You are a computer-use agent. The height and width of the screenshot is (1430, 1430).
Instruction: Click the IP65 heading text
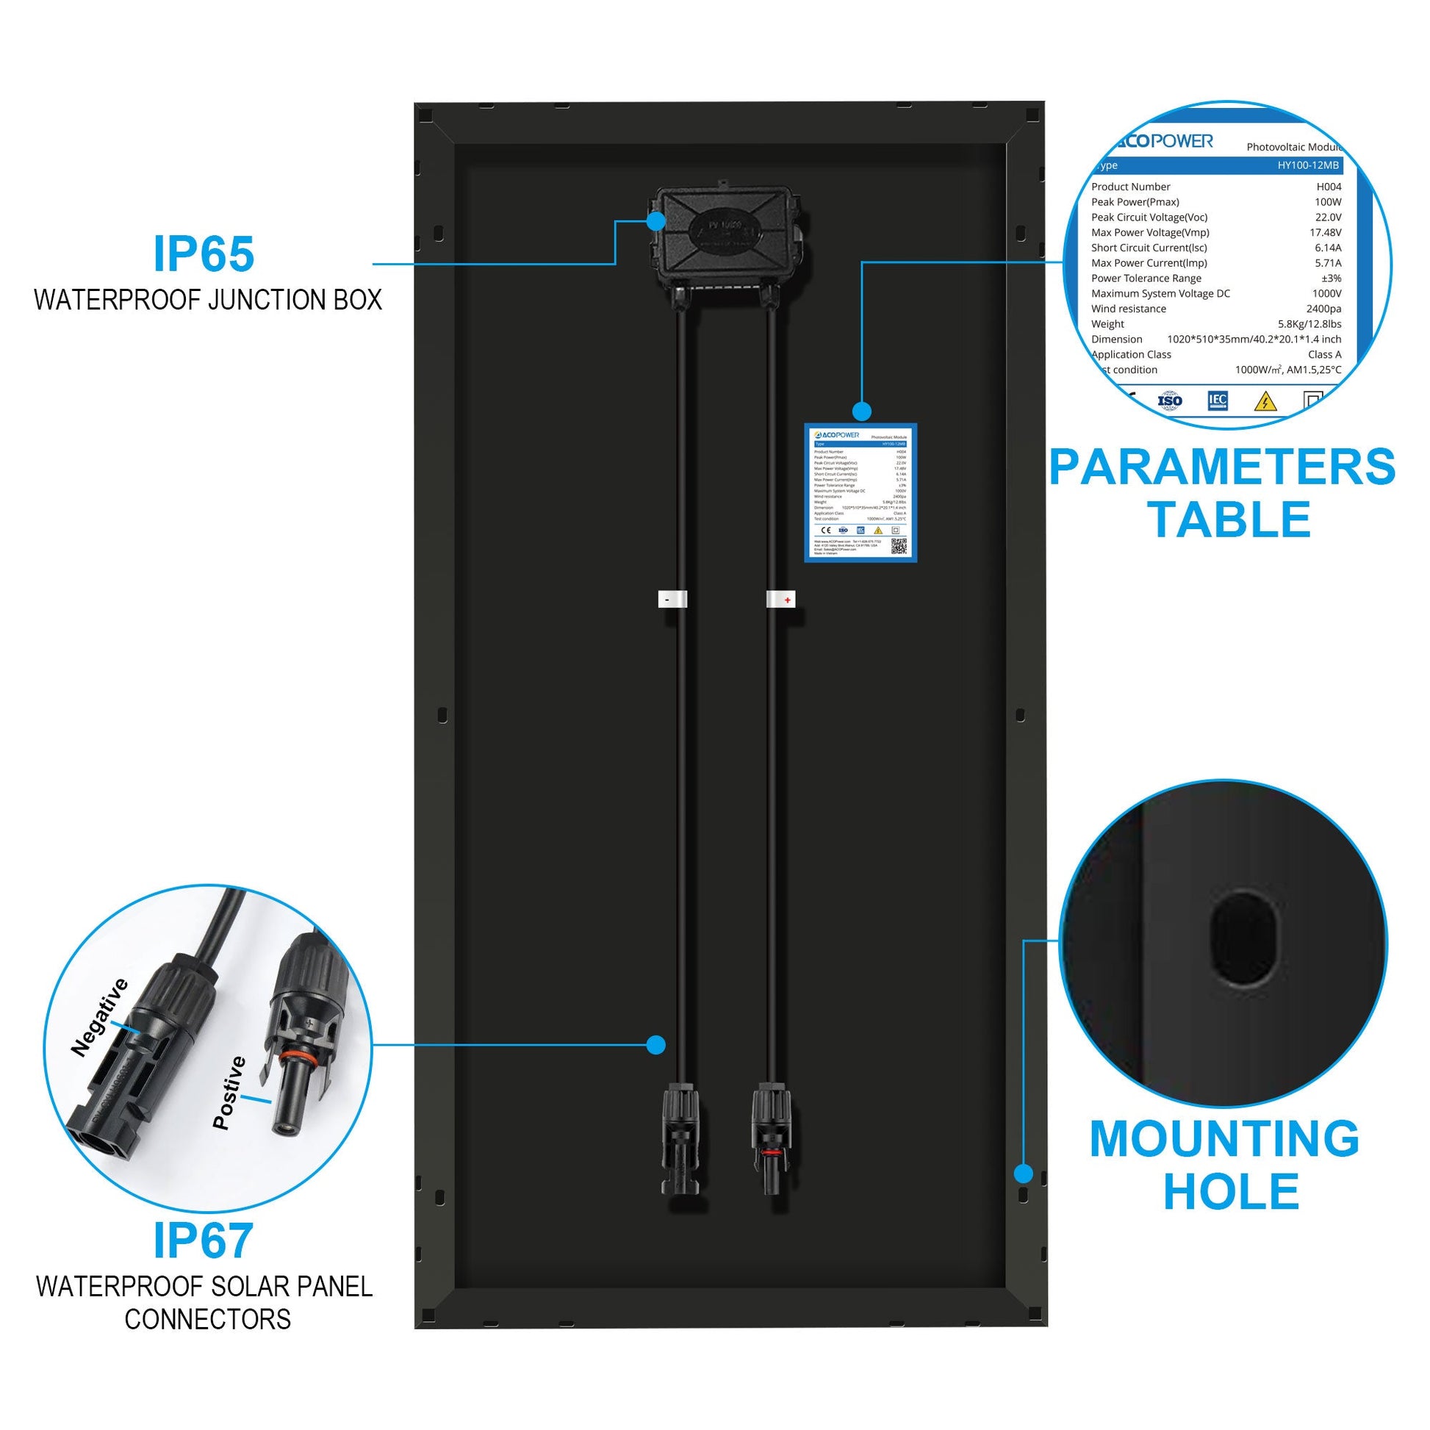click(204, 254)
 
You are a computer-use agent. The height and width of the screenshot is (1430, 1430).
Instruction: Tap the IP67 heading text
click(204, 1240)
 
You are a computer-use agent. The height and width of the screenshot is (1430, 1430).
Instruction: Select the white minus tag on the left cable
click(672, 600)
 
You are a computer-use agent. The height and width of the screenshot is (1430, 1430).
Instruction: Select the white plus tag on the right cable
click(781, 600)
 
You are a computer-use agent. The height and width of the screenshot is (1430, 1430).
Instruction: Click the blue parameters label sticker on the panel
click(860, 493)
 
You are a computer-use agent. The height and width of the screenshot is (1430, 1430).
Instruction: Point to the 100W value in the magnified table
click(1327, 202)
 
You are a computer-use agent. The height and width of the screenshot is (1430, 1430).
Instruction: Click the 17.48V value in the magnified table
click(1325, 232)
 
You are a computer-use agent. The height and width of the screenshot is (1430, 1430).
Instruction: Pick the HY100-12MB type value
click(1307, 165)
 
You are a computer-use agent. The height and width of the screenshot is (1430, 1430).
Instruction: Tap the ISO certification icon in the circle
click(1169, 401)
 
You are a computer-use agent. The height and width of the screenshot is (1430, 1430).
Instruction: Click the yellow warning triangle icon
click(1265, 402)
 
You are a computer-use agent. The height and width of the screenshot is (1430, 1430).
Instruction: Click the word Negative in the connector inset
click(99, 1016)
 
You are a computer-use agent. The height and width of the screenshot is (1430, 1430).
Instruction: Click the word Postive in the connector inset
click(229, 1093)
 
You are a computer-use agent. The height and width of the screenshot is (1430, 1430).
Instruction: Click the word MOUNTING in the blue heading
click(1224, 1138)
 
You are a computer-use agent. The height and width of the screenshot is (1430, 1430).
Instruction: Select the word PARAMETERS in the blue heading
click(1222, 467)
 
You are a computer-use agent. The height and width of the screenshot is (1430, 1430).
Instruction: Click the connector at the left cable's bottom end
click(680, 1139)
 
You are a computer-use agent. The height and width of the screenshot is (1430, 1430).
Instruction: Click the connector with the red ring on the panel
click(772, 1139)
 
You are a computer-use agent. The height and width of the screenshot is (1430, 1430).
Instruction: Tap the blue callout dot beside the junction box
click(655, 220)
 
